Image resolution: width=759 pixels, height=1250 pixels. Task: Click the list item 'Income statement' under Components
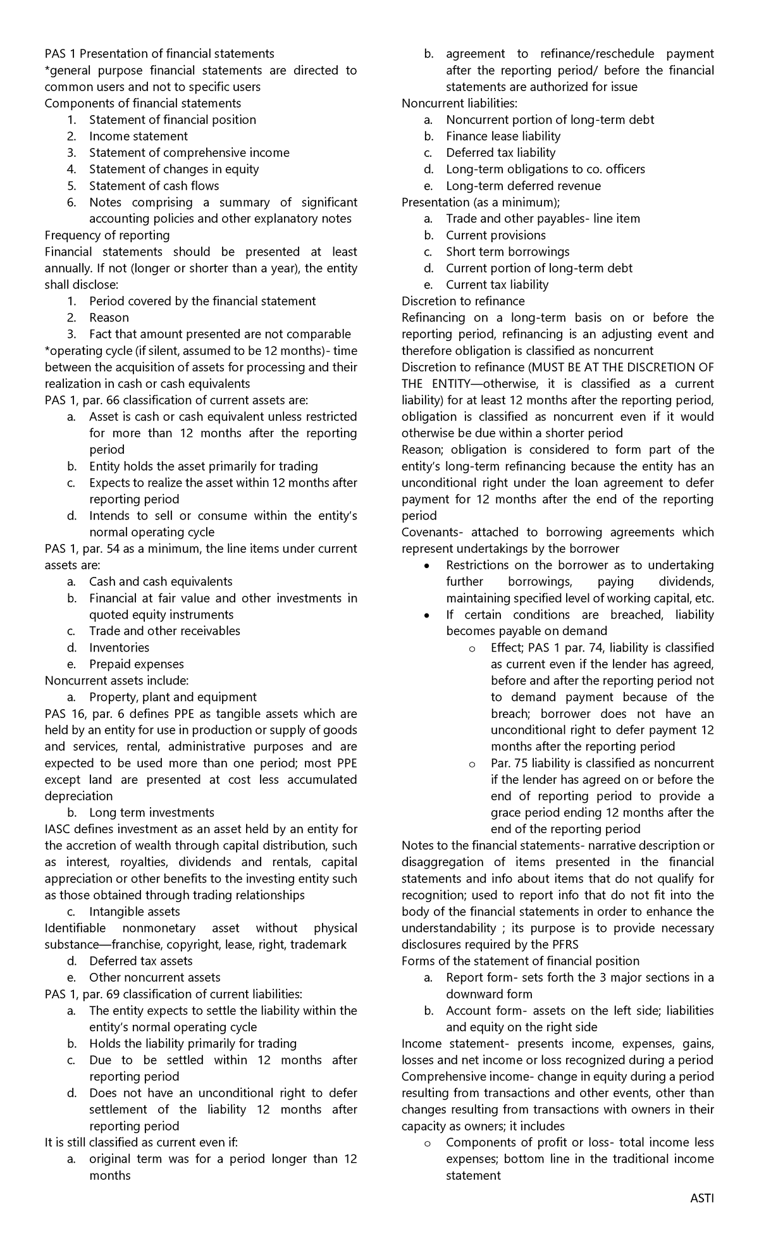click(138, 136)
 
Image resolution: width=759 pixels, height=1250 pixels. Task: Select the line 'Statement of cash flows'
click(154, 185)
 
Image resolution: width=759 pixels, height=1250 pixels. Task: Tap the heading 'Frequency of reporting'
click(107, 235)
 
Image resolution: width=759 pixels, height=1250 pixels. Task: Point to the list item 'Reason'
click(109, 318)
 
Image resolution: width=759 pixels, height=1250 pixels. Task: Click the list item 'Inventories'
click(119, 647)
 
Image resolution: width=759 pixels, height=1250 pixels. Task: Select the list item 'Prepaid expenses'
click(136, 664)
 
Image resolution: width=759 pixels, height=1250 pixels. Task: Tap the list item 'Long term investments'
click(151, 812)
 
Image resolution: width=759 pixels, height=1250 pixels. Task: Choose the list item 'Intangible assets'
click(134, 912)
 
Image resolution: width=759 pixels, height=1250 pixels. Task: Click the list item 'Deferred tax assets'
click(140, 961)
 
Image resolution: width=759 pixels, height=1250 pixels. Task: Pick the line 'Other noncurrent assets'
click(154, 977)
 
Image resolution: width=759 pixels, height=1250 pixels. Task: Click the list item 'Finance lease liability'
click(503, 136)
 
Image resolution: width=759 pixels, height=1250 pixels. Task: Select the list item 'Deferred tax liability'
click(500, 152)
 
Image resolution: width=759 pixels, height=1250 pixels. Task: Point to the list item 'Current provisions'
click(495, 235)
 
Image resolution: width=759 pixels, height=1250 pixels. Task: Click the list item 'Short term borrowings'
click(507, 252)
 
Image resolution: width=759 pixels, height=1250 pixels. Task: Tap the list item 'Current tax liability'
click(497, 285)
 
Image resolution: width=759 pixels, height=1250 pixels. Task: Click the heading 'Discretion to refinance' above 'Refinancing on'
click(463, 301)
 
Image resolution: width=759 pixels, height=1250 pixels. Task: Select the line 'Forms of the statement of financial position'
click(520, 961)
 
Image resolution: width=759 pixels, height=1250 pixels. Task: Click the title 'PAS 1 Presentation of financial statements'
click(159, 54)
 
